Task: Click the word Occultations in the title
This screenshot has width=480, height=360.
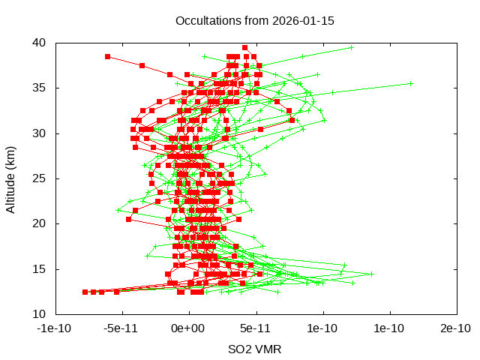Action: click(x=206, y=20)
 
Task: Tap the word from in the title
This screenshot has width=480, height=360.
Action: click(x=252, y=20)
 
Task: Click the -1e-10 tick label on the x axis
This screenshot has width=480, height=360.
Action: click(x=55, y=328)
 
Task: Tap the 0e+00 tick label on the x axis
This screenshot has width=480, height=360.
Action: click(x=189, y=328)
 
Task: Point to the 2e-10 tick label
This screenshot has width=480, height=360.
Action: click(x=456, y=328)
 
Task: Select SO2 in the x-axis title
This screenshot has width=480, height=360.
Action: click(x=241, y=349)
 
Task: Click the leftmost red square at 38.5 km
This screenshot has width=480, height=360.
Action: click(x=107, y=56)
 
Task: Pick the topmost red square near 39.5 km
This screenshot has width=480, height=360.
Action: click(x=244, y=47)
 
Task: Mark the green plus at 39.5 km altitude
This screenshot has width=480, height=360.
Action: click(x=351, y=47)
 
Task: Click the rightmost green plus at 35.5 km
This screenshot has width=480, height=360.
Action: click(x=411, y=83)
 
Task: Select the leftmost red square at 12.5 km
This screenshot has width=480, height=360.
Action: click(x=85, y=292)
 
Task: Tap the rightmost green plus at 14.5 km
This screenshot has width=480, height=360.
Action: click(x=370, y=274)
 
